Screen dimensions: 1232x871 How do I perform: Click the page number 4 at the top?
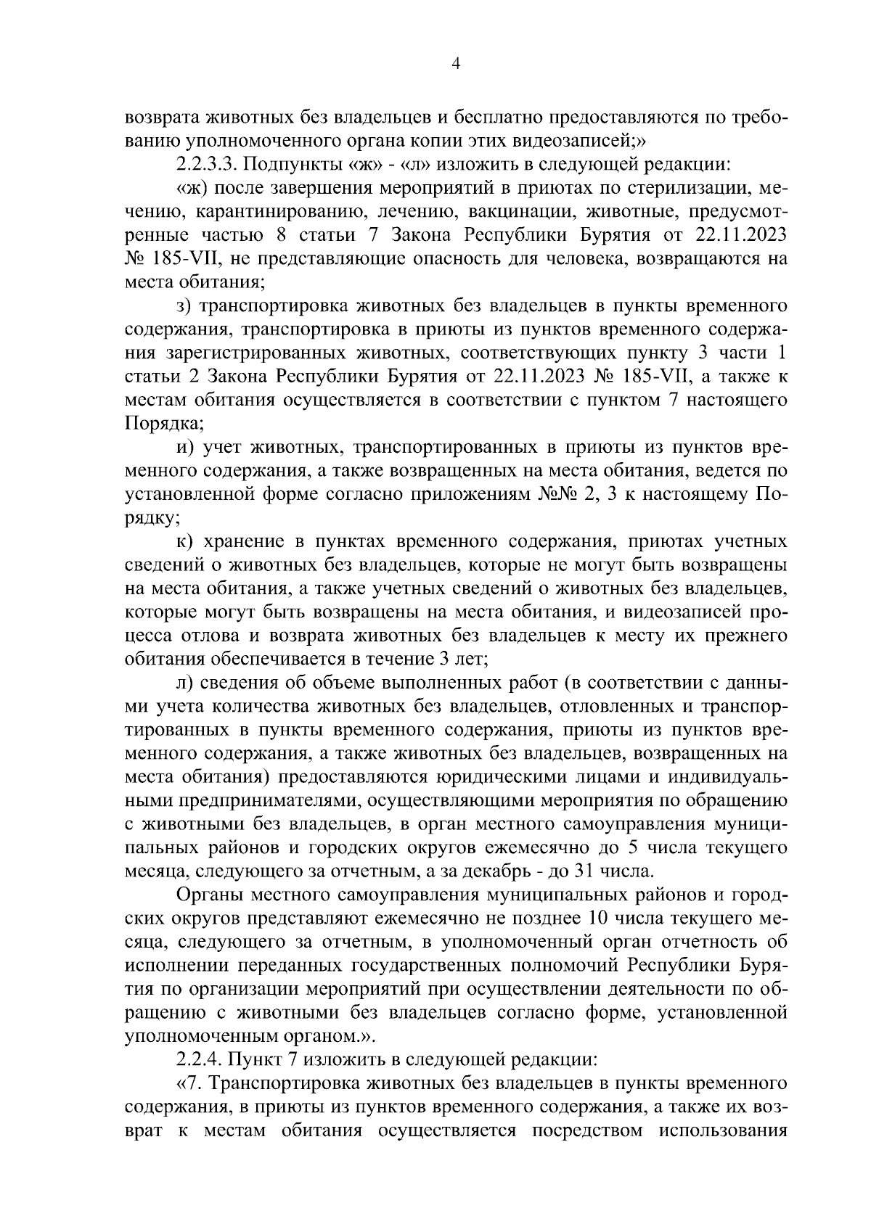(x=456, y=64)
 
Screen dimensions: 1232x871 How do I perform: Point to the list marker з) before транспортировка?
(x=182, y=305)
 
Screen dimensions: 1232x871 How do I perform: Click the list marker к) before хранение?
(x=183, y=541)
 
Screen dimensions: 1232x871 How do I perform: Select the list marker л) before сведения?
(x=184, y=683)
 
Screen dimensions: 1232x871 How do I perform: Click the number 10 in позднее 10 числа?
(x=604, y=918)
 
